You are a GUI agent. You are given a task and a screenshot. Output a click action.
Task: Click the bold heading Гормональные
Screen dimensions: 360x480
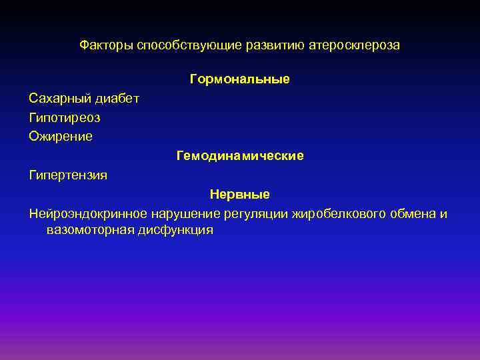tap(239, 79)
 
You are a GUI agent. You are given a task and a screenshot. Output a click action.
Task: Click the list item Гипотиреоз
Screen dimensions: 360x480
tap(65, 117)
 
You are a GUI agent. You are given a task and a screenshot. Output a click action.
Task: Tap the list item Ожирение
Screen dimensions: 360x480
tap(61, 137)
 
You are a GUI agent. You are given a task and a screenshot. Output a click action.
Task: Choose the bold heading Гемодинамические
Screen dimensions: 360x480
tap(239, 156)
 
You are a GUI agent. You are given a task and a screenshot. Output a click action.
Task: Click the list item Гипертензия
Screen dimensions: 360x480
tap(68, 175)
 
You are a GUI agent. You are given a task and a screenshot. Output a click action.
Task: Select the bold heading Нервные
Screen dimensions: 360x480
tap(239, 195)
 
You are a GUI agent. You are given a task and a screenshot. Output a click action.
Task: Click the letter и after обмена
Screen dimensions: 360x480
tap(444, 213)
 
